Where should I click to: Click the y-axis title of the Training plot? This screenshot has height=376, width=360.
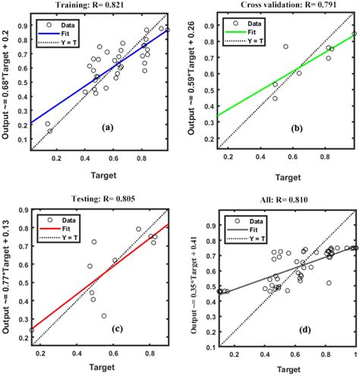tap(7, 80)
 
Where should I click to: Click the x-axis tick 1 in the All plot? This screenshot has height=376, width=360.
tap(353, 354)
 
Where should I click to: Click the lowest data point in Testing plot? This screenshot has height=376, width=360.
tap(104, 316)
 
